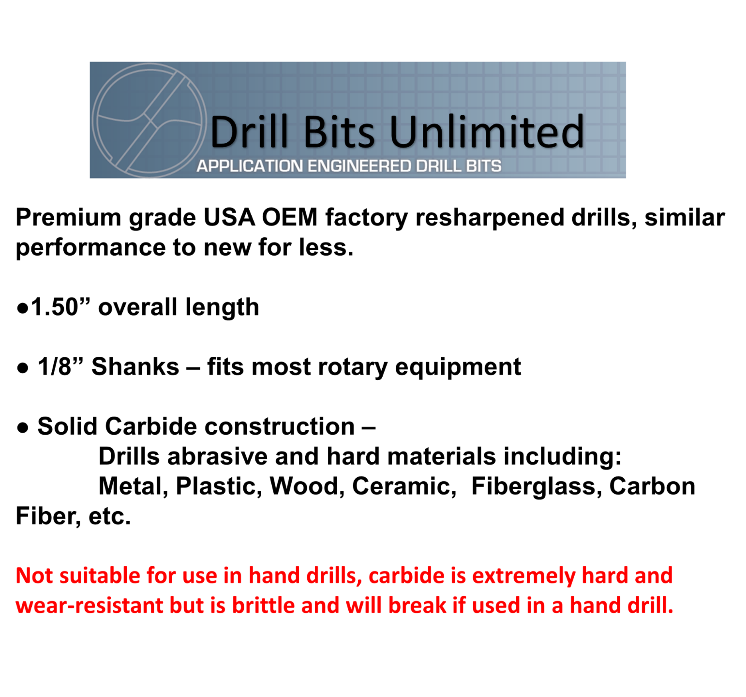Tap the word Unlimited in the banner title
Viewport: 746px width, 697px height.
[487, 132]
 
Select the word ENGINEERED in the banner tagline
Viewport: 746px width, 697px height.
[360, 166]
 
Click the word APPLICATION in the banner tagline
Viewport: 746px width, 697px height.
[250, 166]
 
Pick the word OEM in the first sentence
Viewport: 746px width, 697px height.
[289, 217]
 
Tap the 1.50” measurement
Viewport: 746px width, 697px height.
[60, 307]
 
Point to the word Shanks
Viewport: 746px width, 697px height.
[135, 366]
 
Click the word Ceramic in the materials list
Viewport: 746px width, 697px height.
[404, 486]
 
